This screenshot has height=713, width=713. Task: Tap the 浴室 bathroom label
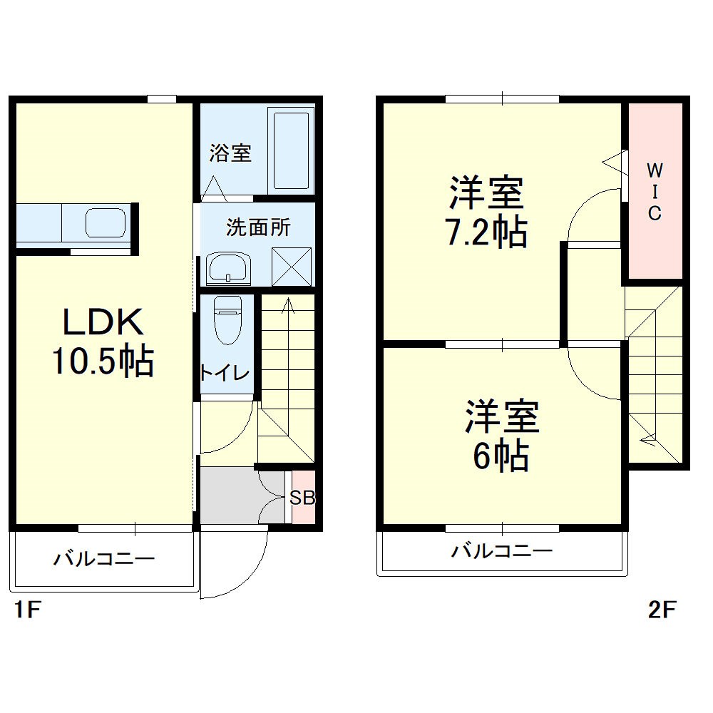click(x=230, y=153)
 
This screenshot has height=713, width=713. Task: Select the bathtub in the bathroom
click(x=292, y=150)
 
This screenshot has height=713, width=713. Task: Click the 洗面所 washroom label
click(x=258, y=227)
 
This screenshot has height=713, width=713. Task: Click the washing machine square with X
click(x=292, y=267)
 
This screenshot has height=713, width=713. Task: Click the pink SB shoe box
click(x=302, y=498)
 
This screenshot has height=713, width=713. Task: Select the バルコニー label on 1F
click(x=104, y=558)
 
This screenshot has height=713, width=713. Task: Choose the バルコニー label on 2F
click(x=502, y=550)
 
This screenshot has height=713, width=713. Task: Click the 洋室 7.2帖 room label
click(x=486, y=212)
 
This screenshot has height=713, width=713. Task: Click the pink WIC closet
click(x=654, y=191)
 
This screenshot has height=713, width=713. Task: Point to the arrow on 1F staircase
click(x=288, y=307)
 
